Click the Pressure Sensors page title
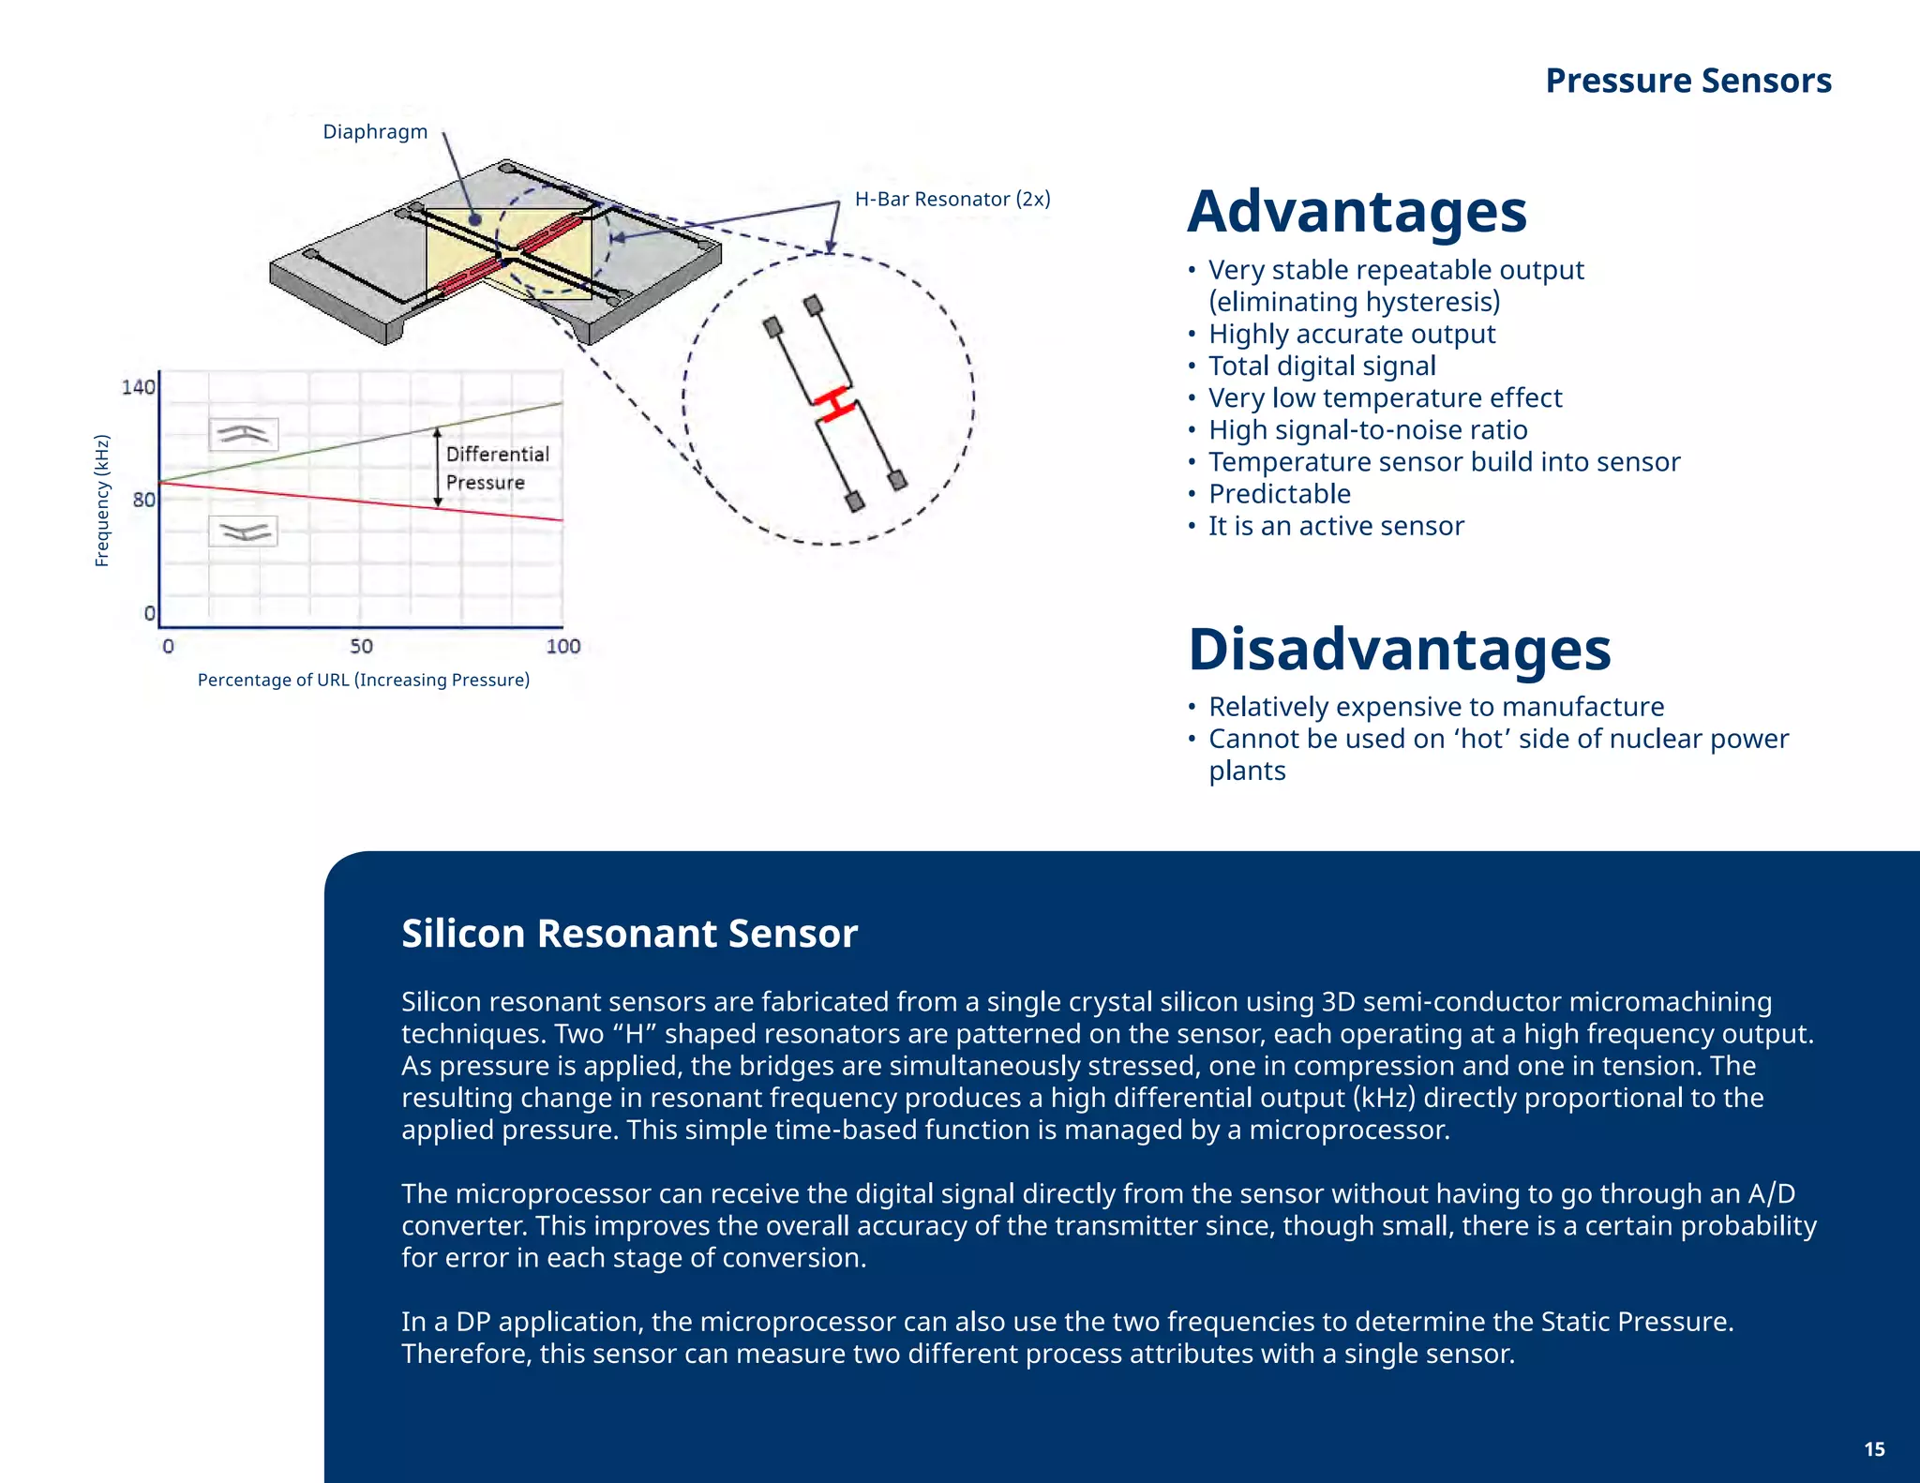[1687, 81]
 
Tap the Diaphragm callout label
[375, 131]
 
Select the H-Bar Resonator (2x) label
[952, 199]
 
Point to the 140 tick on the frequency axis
[138, 387]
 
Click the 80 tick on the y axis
[143, 500]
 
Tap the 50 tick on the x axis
[361, 646]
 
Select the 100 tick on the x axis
[562, 646]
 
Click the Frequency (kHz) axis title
[102, 501]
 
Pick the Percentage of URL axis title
[363, 680]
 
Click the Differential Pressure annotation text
[496, 468]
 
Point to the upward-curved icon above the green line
[244, 434]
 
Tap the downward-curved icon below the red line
[244, 532]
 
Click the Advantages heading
[1357, 212]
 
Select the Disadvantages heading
[1399, 649]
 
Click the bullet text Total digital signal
[1321, 366]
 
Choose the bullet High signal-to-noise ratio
[1367, 429]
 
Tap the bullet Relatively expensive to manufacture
[1435, 706]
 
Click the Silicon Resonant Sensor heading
[629, 934]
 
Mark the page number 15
[1874, 1449]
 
